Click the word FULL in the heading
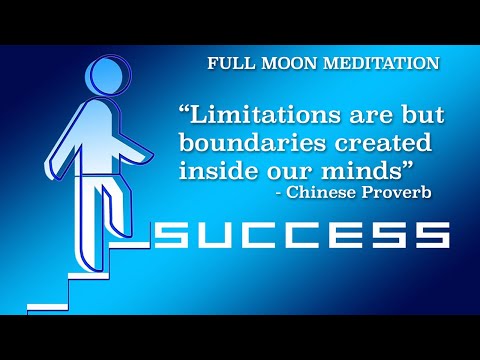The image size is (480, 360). click(228, 63)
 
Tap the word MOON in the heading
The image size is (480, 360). click(281, 63)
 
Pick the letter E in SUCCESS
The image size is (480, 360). click(347, 236)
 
